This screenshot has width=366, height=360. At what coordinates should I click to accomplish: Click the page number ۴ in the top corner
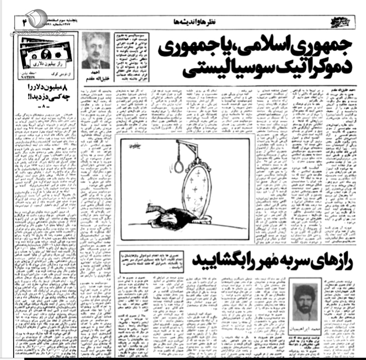[24, 21]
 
